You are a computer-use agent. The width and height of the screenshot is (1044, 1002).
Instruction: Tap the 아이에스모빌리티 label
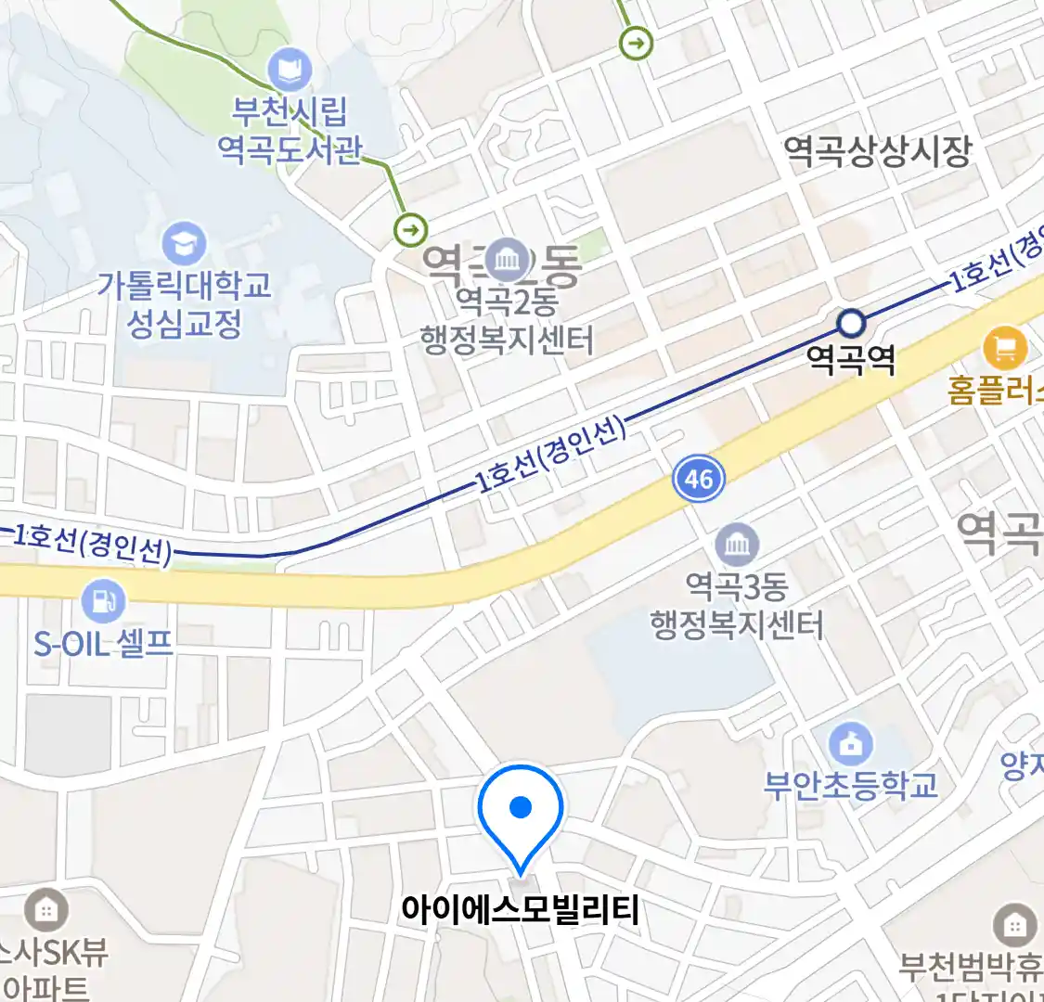pos(520,910)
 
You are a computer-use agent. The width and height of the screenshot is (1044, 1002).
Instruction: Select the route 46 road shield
pos(698,479)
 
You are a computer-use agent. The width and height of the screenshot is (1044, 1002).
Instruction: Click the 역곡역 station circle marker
pos(851,324)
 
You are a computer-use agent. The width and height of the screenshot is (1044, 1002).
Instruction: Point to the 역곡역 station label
pos(851,359)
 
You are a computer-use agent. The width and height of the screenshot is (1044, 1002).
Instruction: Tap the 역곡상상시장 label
pos(877,150)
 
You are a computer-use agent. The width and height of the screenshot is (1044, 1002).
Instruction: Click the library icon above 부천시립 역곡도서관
pos(290,71)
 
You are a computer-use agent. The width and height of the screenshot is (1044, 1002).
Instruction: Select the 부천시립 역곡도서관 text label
pos(290,130)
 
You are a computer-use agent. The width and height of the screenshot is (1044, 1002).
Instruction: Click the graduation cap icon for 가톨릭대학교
pos(184,244)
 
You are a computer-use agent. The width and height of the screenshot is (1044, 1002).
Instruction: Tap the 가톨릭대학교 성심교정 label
pos(185,303)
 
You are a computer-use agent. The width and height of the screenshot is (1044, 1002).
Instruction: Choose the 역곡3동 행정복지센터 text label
pos(737,605)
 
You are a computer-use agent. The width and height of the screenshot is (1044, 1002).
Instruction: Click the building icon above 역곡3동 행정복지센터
pos(737,545)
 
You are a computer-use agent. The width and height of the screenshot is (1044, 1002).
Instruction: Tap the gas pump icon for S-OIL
pos(103,600)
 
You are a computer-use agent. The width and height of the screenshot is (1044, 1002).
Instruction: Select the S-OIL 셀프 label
pos(103,643)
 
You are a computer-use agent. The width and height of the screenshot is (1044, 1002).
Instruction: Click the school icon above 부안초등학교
pos(851,743)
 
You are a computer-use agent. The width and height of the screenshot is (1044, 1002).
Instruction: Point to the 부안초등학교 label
pos(851,786)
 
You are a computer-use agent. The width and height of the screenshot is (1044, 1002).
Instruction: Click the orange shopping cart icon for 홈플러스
pos(1005,348)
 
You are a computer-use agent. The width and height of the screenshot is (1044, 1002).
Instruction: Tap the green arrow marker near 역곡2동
pos(410,228)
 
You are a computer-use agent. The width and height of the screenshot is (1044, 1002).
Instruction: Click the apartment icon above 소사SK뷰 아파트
pos(45,910)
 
